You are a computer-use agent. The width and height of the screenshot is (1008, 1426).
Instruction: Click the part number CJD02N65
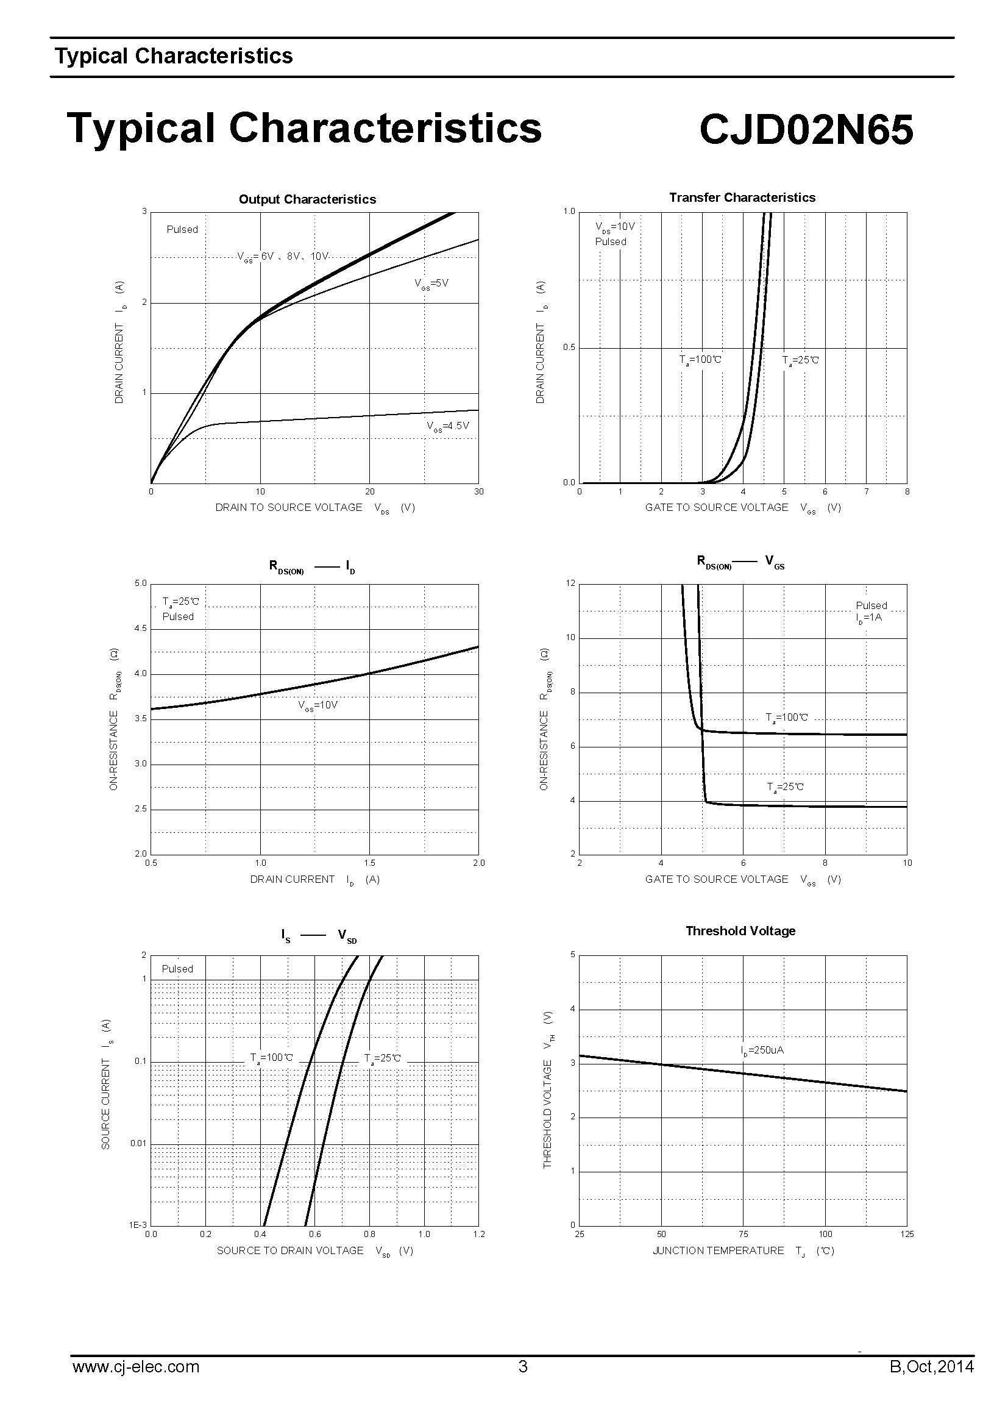(x=806, y=129)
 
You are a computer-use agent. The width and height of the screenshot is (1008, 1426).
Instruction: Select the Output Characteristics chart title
(x=307, y=199)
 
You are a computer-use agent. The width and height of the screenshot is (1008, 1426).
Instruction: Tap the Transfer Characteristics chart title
(x=742, y=198)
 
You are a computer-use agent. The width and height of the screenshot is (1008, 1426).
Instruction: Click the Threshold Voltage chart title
(x=740, y=931)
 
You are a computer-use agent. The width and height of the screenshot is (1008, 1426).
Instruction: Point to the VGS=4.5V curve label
(x=447, y=426)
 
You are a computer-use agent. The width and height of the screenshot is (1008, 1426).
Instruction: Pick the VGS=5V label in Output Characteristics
(x=431, y=284)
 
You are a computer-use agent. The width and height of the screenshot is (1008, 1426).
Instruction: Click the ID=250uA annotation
(x=762, y=1050)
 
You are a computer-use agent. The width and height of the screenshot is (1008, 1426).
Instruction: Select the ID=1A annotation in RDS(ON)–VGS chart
(x=868, y=618)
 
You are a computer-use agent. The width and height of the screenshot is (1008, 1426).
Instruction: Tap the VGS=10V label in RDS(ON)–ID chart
(x=317, y=705)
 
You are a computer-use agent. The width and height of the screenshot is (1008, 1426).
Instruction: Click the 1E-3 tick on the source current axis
(x=138, y=1225)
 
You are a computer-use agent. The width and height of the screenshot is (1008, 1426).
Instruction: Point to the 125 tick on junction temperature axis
(x=907, y=1234)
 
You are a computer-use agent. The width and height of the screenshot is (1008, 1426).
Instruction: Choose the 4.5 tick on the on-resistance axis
(x=140, y=629)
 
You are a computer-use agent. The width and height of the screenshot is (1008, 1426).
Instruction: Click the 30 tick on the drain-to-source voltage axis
(x=478, y=491)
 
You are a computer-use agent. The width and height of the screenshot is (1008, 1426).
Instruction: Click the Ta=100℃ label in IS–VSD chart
(x=271, y=1058)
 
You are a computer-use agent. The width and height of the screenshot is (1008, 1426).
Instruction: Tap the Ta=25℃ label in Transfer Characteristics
(x=800, y=360)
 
